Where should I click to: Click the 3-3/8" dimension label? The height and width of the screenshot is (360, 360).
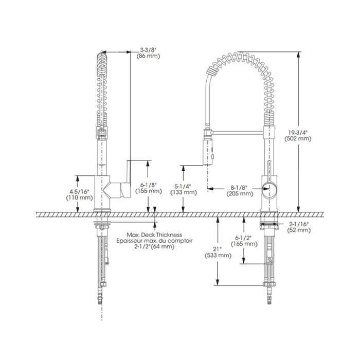coord(148,50)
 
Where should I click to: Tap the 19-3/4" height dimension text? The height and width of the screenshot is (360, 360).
coord(298,133)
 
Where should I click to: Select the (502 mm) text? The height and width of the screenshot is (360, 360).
coord(298,139)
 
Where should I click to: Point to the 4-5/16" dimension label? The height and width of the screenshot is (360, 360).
coord(79,191)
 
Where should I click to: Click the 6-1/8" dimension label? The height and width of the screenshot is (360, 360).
coord(148,185)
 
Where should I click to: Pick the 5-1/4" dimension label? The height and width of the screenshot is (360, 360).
coord(183,186)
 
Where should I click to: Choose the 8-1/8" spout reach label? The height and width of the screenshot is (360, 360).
coord(240,188)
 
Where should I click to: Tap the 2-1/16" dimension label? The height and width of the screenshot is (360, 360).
coord(299,224)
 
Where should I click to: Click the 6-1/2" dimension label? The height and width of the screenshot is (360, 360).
coord(244,238)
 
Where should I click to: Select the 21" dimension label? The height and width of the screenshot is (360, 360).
coord(217,249)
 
